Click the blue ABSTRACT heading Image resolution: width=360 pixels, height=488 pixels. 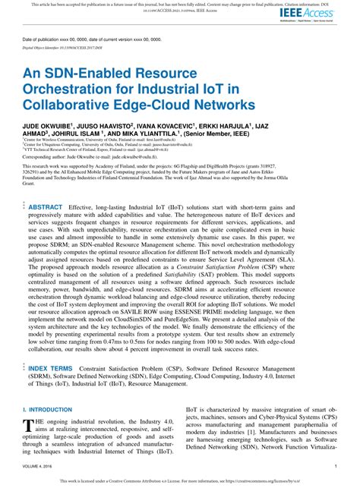[x=46, y=206]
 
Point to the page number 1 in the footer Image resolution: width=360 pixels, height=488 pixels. [x=335, y=467]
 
